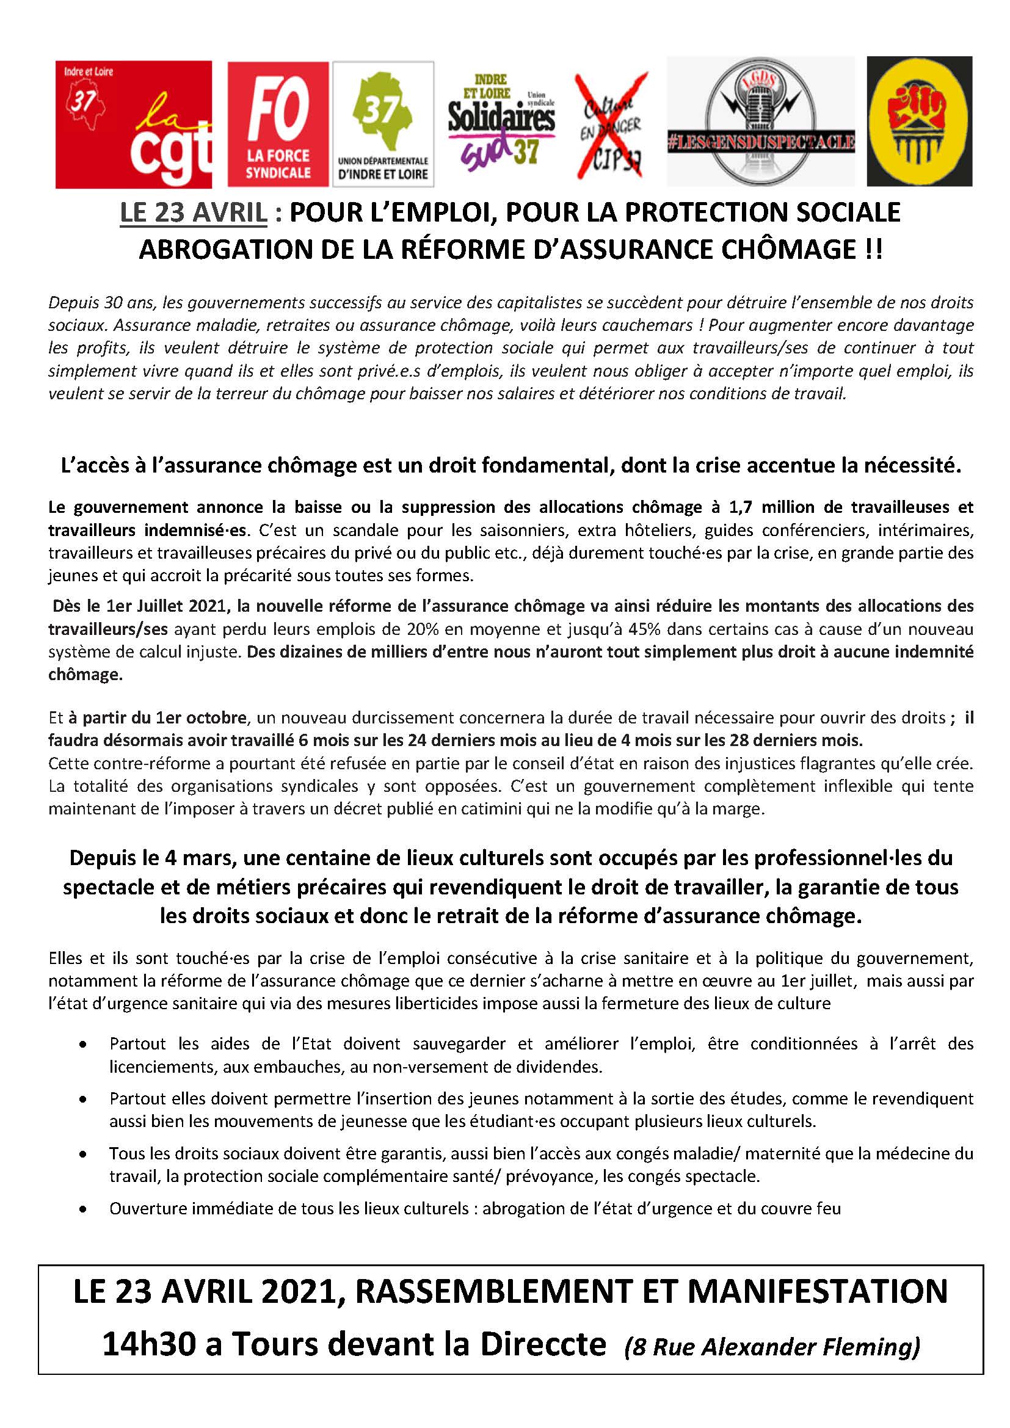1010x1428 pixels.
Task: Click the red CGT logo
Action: (133, 124)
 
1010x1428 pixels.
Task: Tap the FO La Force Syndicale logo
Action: (277, 124)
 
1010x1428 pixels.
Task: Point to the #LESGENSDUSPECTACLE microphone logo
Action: (761, 122)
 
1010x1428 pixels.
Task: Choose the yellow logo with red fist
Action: (918, 121)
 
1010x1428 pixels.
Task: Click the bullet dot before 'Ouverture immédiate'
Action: (82, 1209)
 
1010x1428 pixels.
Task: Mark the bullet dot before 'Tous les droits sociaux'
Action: (82, 1154)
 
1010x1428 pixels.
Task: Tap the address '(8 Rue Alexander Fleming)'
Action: (772, 1347)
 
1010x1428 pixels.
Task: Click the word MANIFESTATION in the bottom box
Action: (816, 1292)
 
